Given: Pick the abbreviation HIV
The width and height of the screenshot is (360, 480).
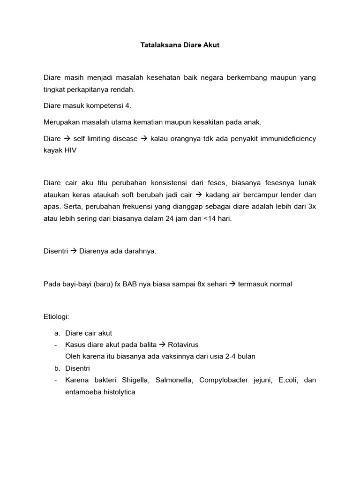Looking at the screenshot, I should point(70,150).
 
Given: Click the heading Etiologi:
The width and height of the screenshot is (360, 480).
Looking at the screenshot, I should point(56,316).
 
